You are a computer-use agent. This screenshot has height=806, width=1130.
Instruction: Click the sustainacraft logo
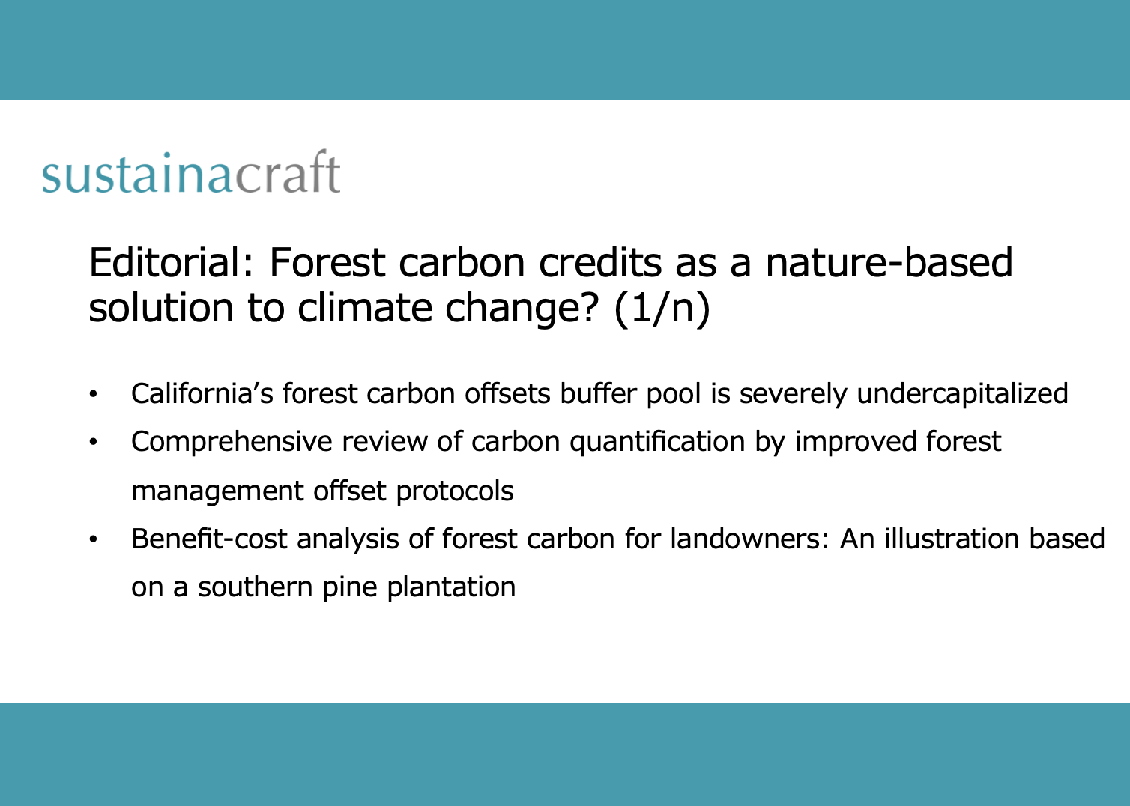click(x=191, y=173)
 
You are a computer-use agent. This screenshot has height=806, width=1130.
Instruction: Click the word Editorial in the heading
click(x=174, y=263)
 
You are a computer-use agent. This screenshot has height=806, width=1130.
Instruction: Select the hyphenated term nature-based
click(x=889, y=263)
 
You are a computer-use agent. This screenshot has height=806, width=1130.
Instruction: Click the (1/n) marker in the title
click(x=661, y=308)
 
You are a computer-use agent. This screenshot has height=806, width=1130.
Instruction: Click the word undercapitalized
click(x=962, y=393)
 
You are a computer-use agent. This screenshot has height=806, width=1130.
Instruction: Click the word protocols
click(x=455, y=491)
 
